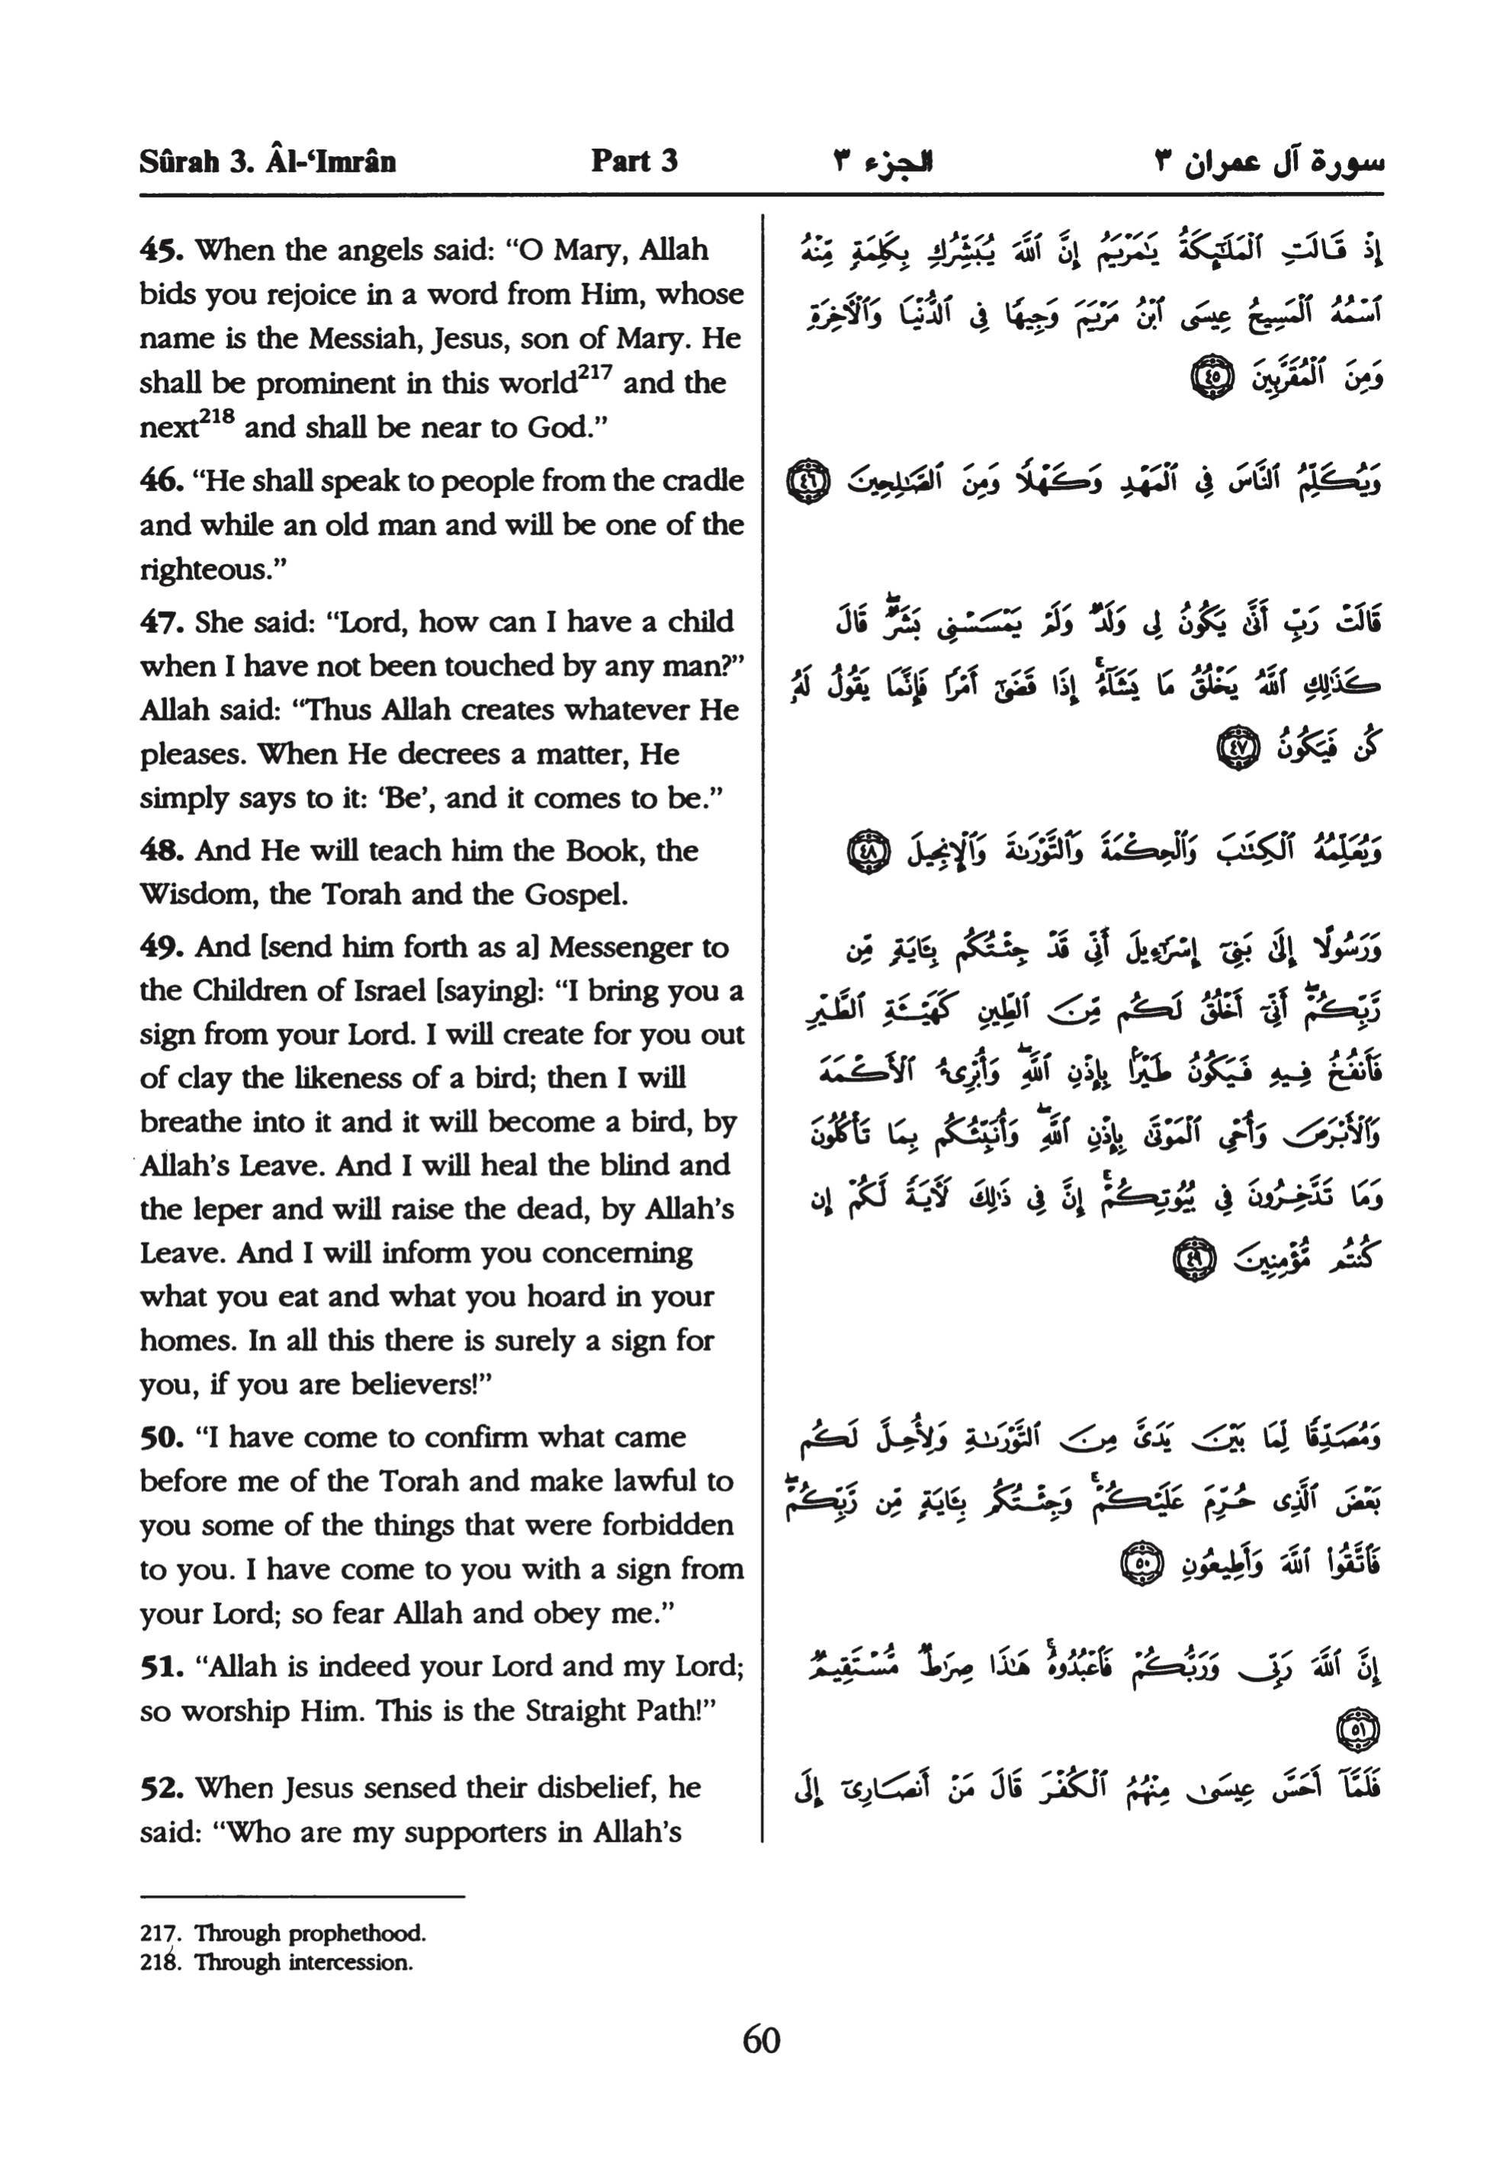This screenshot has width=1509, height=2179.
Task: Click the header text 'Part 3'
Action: pyautogui.click(x=634, y=161)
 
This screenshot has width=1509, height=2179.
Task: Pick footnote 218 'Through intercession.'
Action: pyautogui.click(x=276, y=1962)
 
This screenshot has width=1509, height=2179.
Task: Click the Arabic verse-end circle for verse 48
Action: pyautogui.click(x=865, y=852)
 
